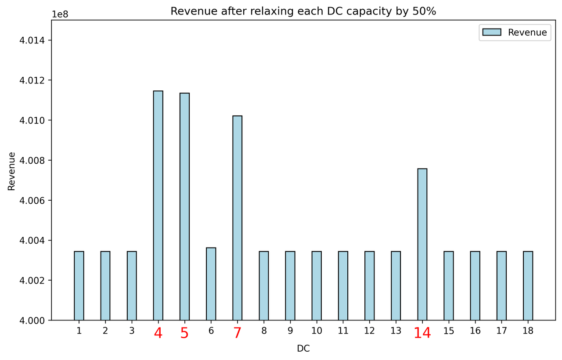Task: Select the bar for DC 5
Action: coord(184,206)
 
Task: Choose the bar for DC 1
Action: coord(79,286)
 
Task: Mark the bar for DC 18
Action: coord(528,286)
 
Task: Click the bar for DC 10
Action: coord(317,286)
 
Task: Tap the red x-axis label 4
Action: coord(158,334)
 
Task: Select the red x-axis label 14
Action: coord(422,334)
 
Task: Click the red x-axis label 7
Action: coord(237,334)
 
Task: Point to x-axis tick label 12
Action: coord(369,331)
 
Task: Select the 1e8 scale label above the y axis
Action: coord(61,14)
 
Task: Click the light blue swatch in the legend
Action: coord(492,32)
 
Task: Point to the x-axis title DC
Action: coord(303,349)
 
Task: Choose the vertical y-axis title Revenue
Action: coord(11,171)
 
